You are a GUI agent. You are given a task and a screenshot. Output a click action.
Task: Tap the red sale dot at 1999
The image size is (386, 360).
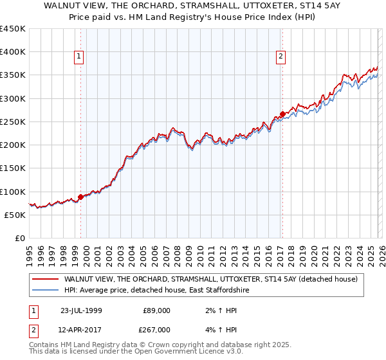pos(80,197)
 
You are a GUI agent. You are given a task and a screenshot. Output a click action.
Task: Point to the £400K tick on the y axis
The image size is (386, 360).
pos(13,52)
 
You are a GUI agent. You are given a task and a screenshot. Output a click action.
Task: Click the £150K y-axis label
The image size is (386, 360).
pos(13,168)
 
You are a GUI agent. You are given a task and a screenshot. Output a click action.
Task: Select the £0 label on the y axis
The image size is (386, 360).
pos(21,238)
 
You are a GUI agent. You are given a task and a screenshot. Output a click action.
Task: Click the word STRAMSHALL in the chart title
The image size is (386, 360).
pos(205,4)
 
